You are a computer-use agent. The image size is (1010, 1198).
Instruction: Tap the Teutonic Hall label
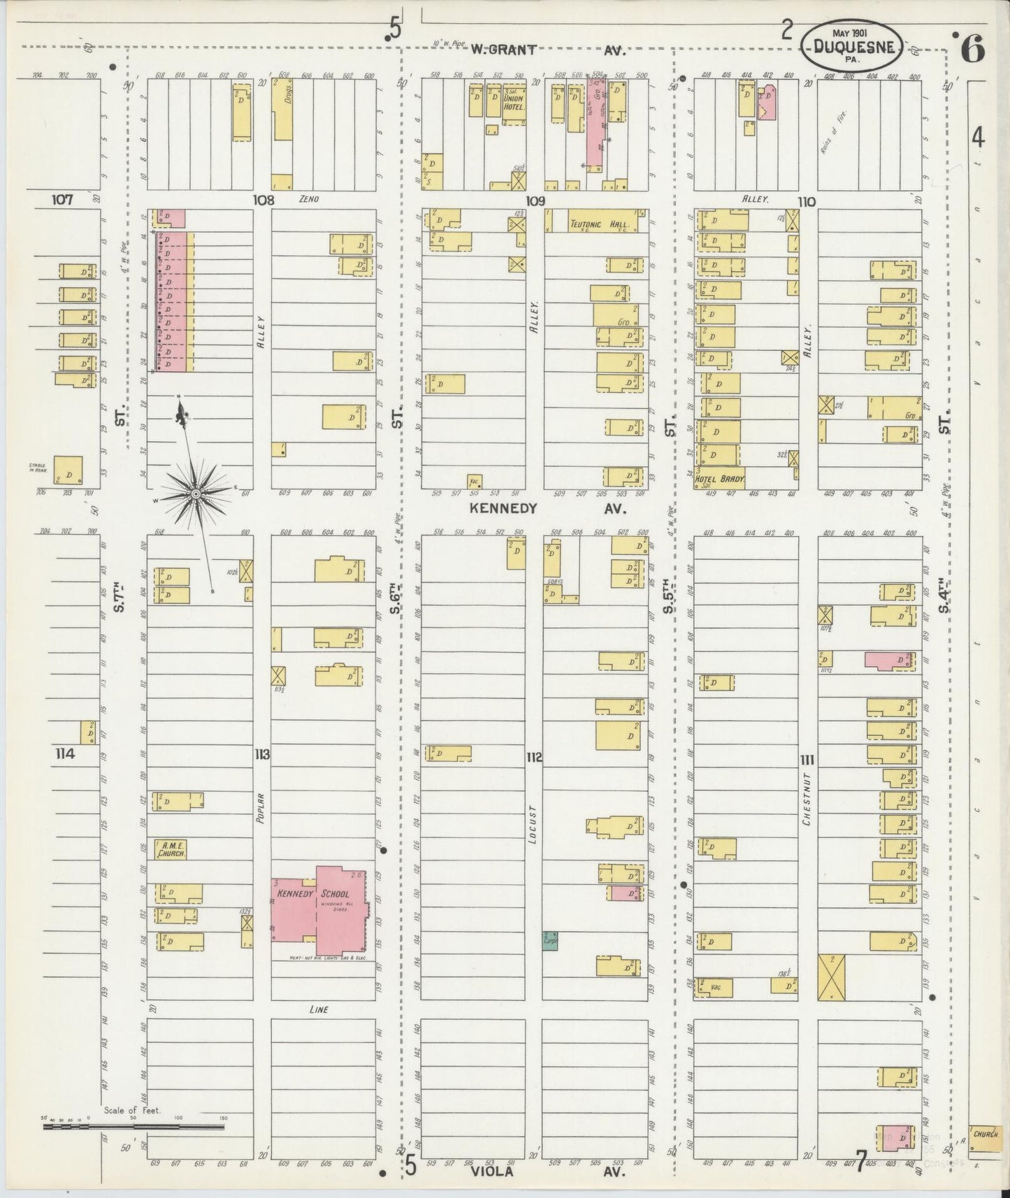click(x=599, y=225)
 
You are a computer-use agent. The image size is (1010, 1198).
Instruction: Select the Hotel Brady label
click(x=719, y=481)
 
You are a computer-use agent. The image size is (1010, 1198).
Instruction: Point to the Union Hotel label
click(x=514, y=103)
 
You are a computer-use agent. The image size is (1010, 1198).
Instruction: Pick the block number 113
click(x=262, y=754)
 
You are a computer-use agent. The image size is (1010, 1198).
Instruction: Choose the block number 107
click(x=62, y=200)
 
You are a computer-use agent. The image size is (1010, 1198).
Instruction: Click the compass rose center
click(x=196, y=494)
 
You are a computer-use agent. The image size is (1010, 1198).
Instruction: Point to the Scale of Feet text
click(x=132, y=1110)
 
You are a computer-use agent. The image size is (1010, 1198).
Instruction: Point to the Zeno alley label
click(x=308, y=199)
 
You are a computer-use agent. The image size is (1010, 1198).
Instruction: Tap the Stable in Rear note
click(x=37, y=467)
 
